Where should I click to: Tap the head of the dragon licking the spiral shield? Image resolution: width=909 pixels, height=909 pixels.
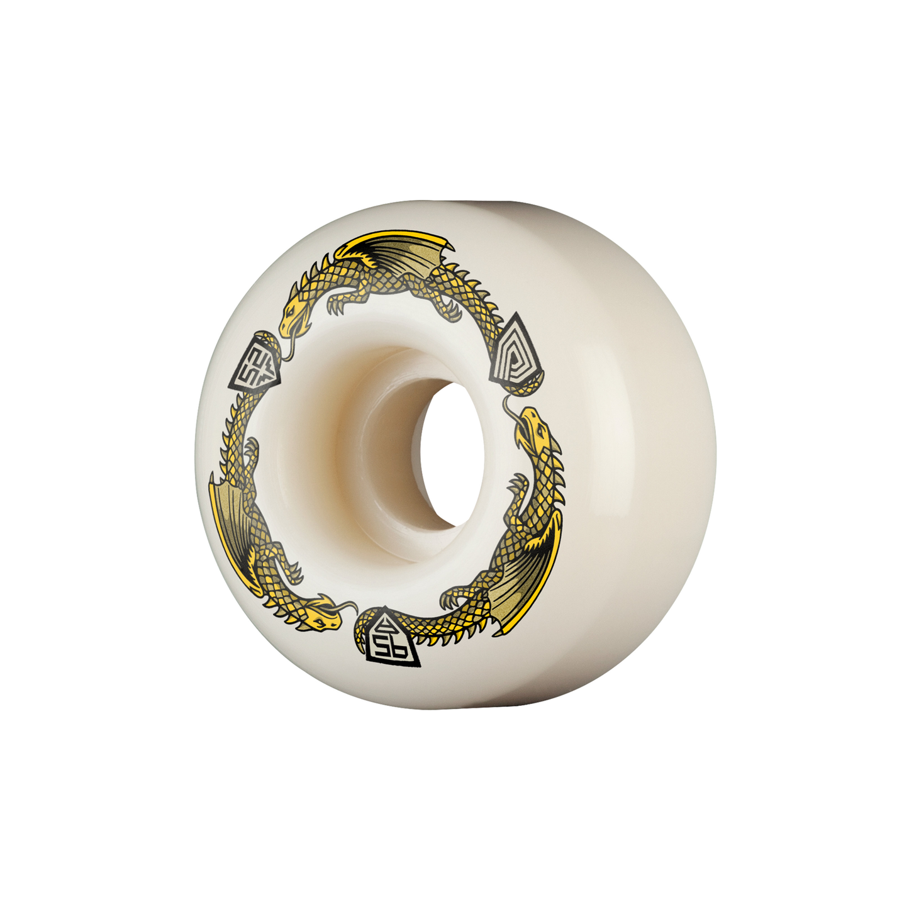click(533, 426)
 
